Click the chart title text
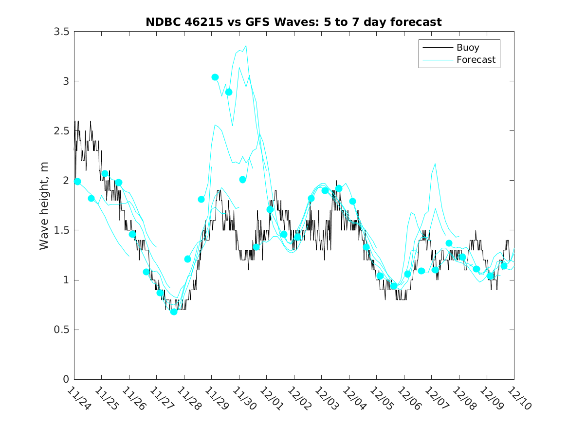pos(293,22)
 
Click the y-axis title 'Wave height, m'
pos(44,205)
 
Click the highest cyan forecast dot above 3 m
pos(215,77)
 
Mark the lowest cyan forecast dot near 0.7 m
pos(174,312)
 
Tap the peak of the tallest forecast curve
pos(246,46)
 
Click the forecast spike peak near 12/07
pos(435,164)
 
